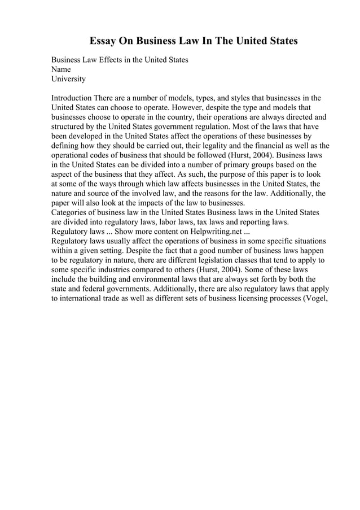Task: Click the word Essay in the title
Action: pos(105,42)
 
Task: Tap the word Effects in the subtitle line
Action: pos(113,60)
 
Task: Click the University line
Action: pos(68,79)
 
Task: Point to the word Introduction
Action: pos(72,97)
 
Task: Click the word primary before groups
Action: pos(219,164)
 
